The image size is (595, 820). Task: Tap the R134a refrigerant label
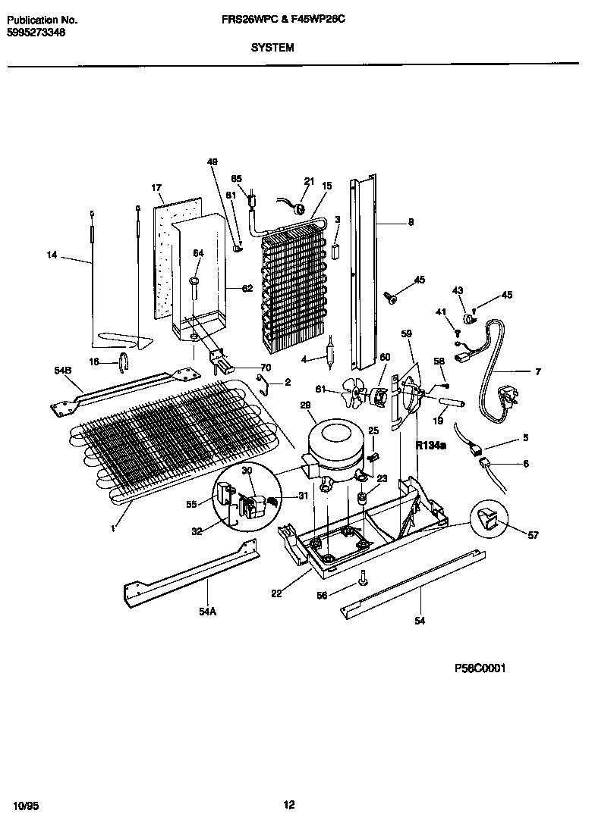pyautogui.click(x=430, y=446)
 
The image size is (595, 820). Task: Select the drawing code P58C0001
pyautogui.click(x=480, y=668)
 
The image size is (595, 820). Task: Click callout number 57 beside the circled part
pyautogui.click(x=533, y=536)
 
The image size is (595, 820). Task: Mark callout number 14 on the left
pyautogui.click(x=52, y=255)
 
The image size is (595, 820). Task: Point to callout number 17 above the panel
pyautogui.click(x=157, y=188)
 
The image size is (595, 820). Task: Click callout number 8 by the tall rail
pyautogui.click(x=411, y=222)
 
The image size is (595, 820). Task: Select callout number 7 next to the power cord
pyautogui.click(x=537, y=372)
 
